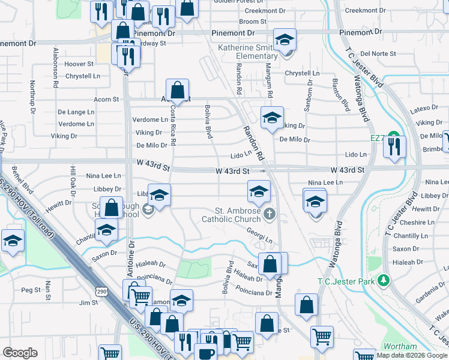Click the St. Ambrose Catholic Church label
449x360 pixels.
(238, 215)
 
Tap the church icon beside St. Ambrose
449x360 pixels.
(270, 213)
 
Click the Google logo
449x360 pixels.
(20, 352)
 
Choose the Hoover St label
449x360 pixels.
(79, 63)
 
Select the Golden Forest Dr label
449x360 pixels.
(236, 1)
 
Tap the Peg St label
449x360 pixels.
(30, 290)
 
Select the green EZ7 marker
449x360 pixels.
(393, 137)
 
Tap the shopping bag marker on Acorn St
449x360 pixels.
(178, 91)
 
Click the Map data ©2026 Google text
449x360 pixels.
(412, 355)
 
